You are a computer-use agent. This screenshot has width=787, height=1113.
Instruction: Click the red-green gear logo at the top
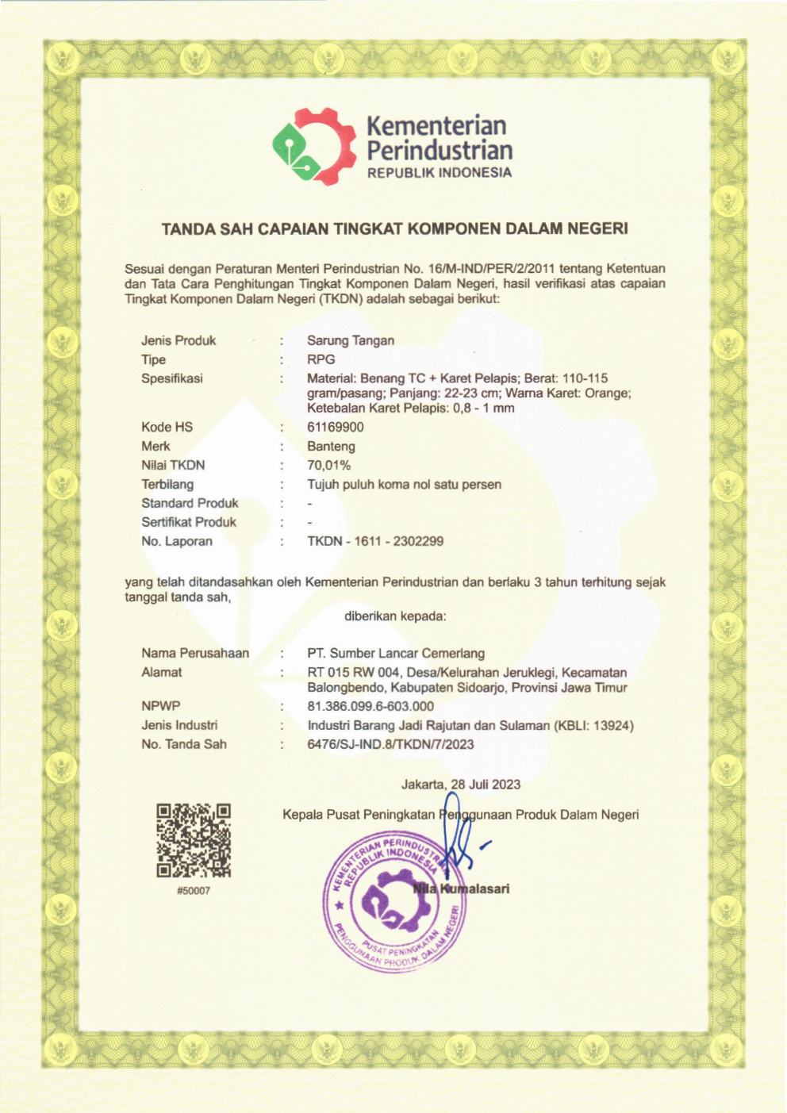313,144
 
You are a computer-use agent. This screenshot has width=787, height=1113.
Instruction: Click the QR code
194,840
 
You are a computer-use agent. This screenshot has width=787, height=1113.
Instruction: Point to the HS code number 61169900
336,427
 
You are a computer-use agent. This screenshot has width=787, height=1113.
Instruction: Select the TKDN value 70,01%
328,465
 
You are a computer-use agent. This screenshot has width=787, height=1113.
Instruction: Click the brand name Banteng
331,446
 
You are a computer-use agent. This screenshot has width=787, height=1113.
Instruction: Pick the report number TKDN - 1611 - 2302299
375,541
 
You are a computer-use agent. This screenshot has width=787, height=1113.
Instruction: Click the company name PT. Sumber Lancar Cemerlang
396,653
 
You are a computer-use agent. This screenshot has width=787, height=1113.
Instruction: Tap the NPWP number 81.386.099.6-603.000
370,706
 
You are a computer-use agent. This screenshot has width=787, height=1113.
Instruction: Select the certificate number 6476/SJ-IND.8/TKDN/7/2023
390,744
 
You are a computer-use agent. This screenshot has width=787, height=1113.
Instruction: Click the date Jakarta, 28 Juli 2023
460,784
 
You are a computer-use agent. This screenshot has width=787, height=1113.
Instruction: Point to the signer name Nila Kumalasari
462,888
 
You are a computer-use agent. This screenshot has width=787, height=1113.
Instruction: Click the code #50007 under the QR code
194,891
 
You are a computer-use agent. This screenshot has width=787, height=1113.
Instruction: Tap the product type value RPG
321,359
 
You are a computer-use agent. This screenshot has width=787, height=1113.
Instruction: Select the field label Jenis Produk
179,340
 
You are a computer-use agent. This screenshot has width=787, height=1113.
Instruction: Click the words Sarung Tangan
351,340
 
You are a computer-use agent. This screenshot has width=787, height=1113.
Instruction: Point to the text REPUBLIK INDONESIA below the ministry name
439,173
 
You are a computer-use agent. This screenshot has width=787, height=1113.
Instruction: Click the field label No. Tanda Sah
184,744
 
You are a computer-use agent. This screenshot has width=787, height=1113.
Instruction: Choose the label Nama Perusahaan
195,653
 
